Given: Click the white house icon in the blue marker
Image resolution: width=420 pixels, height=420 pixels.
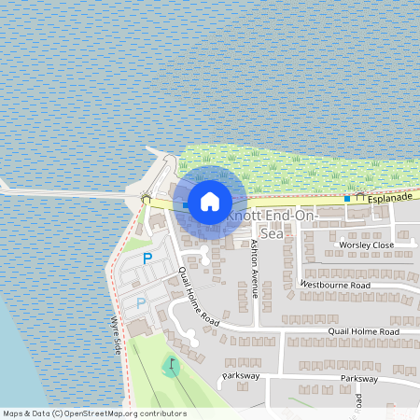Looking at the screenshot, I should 210,201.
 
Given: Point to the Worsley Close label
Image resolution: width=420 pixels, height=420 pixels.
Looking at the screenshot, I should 366,245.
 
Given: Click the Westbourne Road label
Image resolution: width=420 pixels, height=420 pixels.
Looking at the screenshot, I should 334,284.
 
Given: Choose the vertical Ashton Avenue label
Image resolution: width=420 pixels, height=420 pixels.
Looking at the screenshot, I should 254,268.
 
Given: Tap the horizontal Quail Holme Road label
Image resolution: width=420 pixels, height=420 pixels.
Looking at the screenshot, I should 363,331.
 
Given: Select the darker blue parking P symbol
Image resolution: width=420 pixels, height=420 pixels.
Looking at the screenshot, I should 147,258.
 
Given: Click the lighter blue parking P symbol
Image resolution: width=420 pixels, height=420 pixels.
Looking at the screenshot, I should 141,302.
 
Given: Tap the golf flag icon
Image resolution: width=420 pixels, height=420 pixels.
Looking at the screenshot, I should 172,364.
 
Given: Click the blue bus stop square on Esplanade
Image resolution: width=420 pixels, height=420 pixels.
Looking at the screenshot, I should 346,198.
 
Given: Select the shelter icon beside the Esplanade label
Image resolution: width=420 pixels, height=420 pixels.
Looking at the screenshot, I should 359,198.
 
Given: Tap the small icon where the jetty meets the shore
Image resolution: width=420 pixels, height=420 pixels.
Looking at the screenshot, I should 145,197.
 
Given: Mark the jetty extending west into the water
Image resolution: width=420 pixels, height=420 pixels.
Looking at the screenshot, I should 65,194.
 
